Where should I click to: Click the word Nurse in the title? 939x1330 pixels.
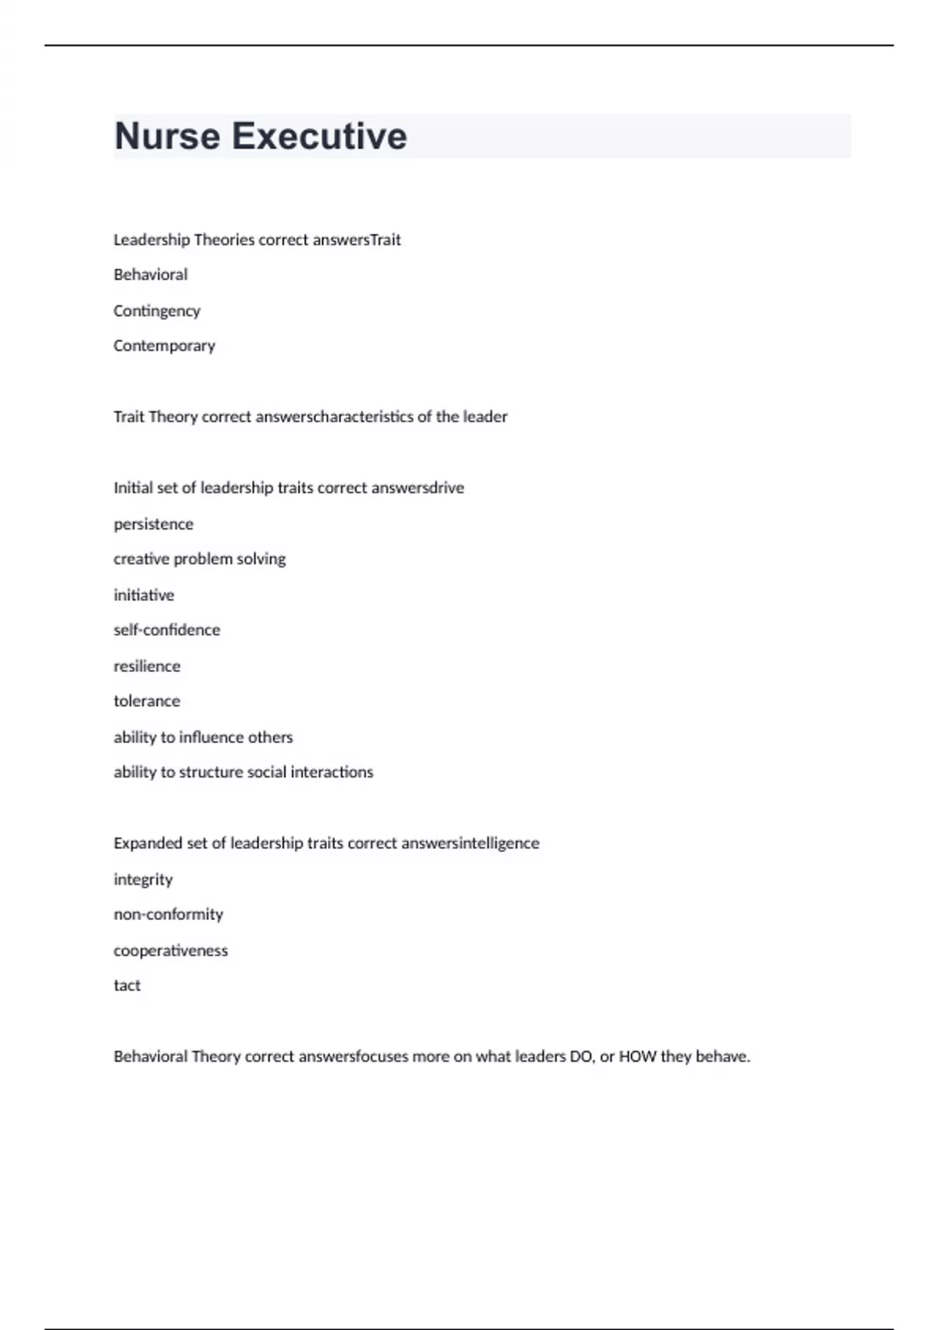[x=167, y=136]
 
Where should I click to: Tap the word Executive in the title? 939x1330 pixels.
[x=319, y=136]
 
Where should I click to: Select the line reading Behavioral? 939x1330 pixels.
[x=150, y=275]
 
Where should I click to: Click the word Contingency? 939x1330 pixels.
[x=156, y=311]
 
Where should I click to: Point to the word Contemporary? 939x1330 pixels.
[x=164, y=346]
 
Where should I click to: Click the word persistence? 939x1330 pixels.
[x=153, y=524]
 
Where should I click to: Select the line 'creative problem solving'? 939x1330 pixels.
[x=200, y=559]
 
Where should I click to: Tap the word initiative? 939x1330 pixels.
[x=144, y=595]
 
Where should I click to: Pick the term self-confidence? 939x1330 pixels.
[x=167, y=631]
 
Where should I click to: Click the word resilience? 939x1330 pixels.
[x=147, y=667]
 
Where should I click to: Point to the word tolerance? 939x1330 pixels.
[x=147, y=702]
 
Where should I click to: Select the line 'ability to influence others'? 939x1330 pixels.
[x=203, y=738]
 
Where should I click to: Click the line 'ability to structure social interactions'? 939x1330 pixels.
[x=243, y=773]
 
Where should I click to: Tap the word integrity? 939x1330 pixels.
[x=143, y=880]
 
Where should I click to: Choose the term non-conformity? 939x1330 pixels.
[x=168, y=915]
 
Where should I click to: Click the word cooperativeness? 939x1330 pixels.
[x=171, y=951]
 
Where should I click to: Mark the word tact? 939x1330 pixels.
[x=127, y=986]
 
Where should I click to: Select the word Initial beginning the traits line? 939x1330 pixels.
[x=133, y=488]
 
